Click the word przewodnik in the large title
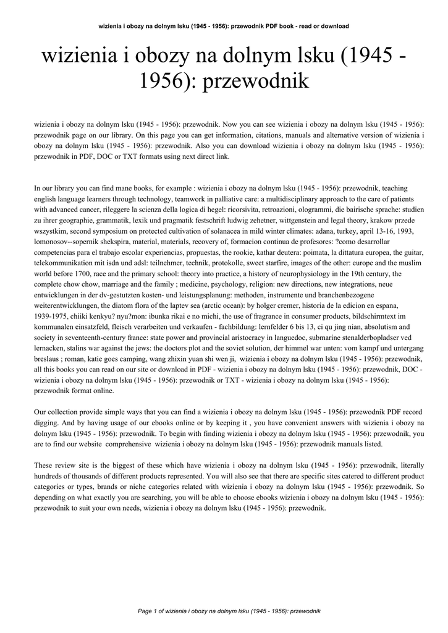click(254, 82)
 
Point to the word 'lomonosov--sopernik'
click(65, 242)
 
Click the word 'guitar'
click(411, 252)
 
